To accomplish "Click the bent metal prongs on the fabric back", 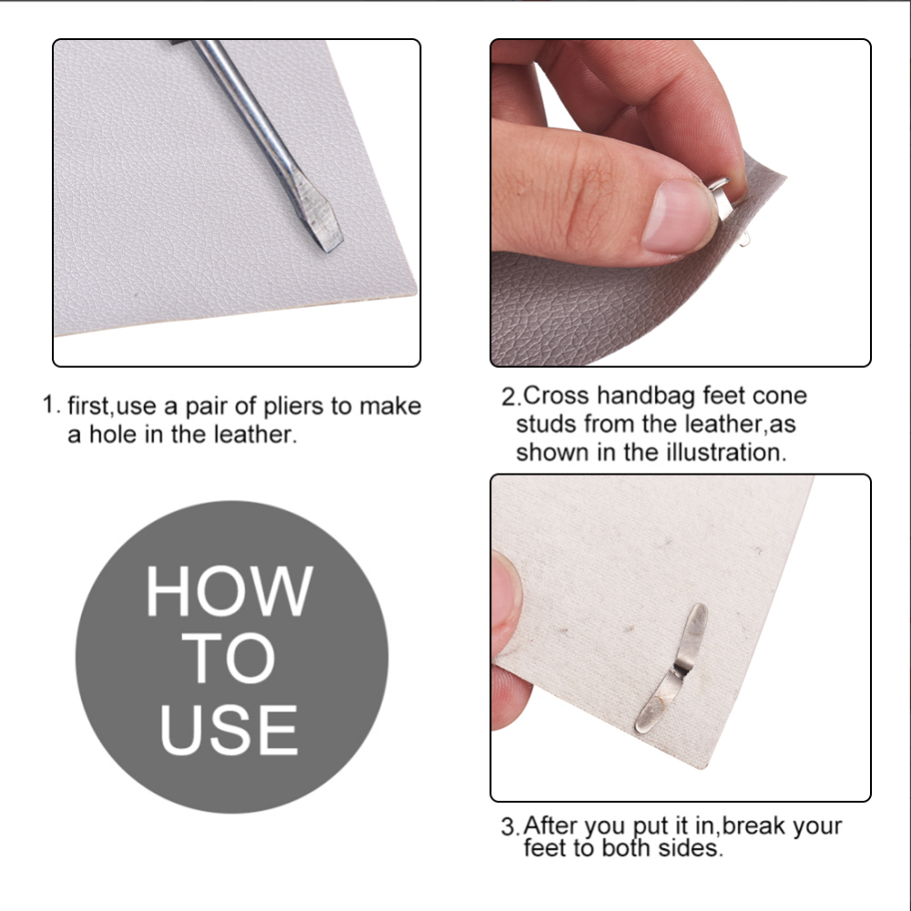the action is tap(673, 668).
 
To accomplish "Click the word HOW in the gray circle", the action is tap(230, 590).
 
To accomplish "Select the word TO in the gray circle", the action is tap(230, 659).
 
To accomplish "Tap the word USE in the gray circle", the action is tap(229, 729).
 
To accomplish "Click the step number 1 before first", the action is tap(50, 405).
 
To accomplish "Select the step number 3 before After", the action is tap(510, 827).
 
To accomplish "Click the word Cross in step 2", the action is tap(557, 395).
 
